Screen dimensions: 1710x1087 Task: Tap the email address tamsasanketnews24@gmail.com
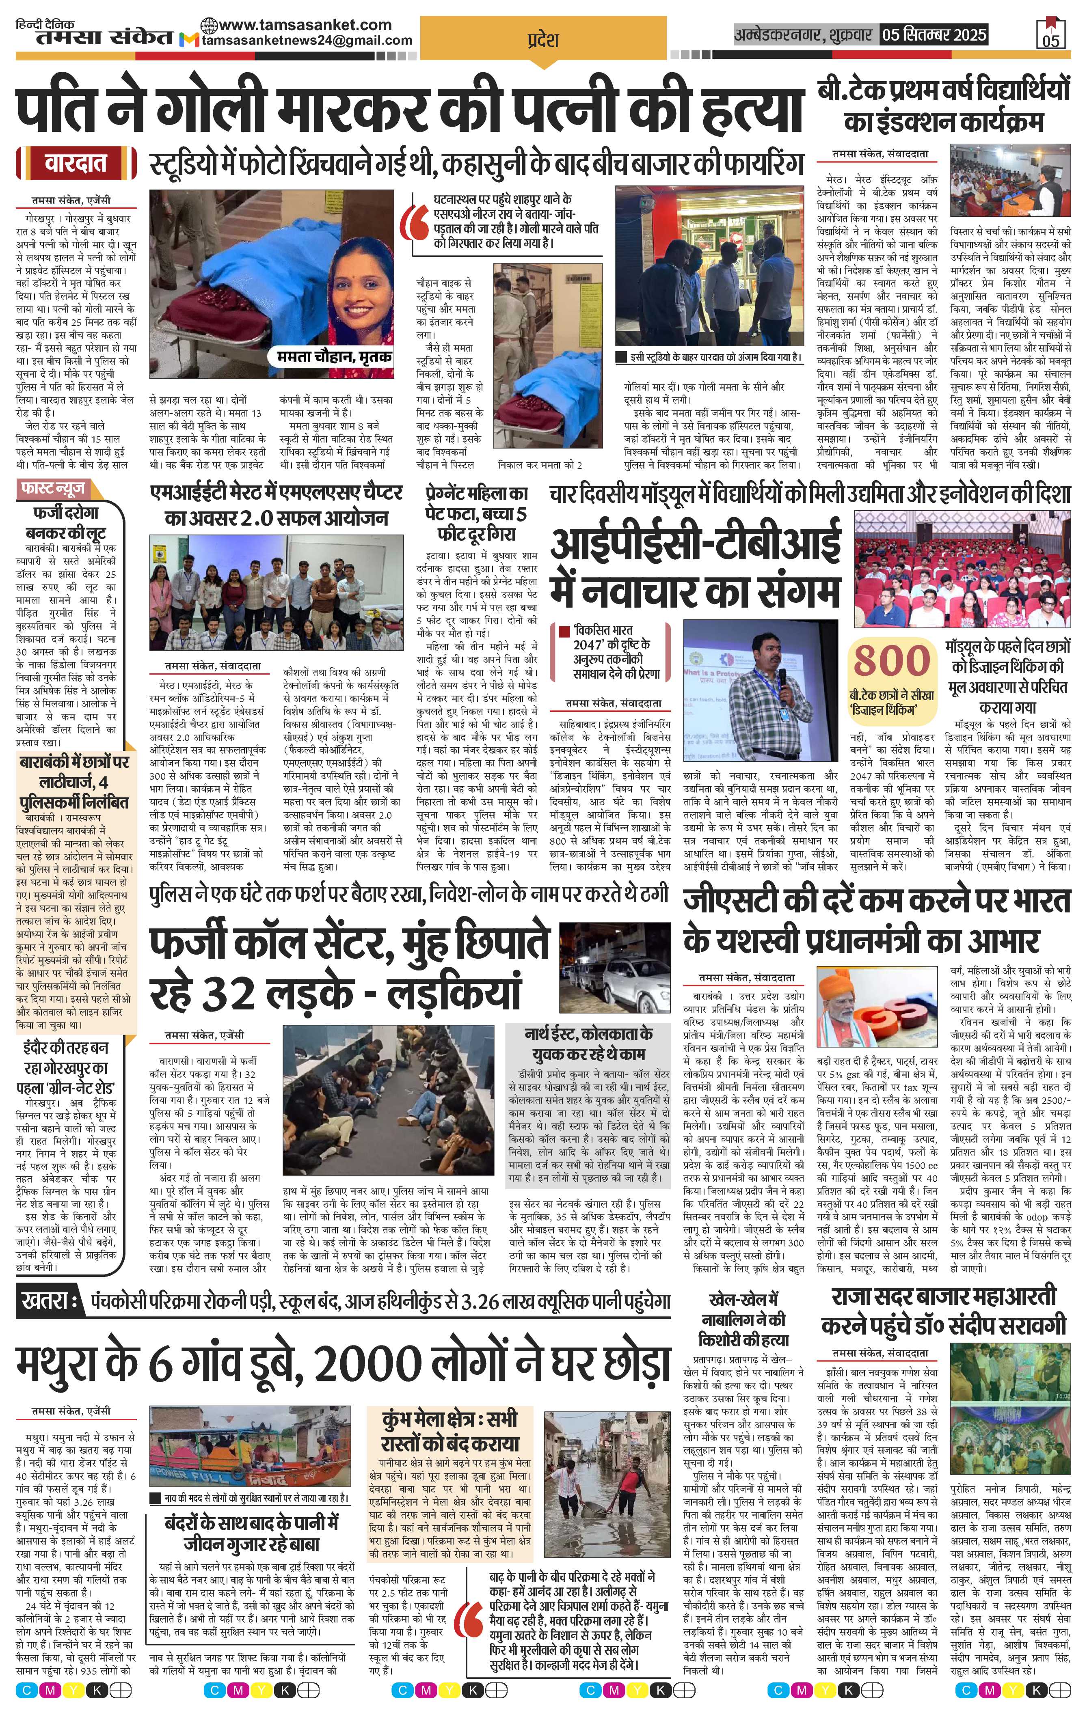pos(307,41)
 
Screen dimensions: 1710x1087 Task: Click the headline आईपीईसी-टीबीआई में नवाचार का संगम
pos(695,569)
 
